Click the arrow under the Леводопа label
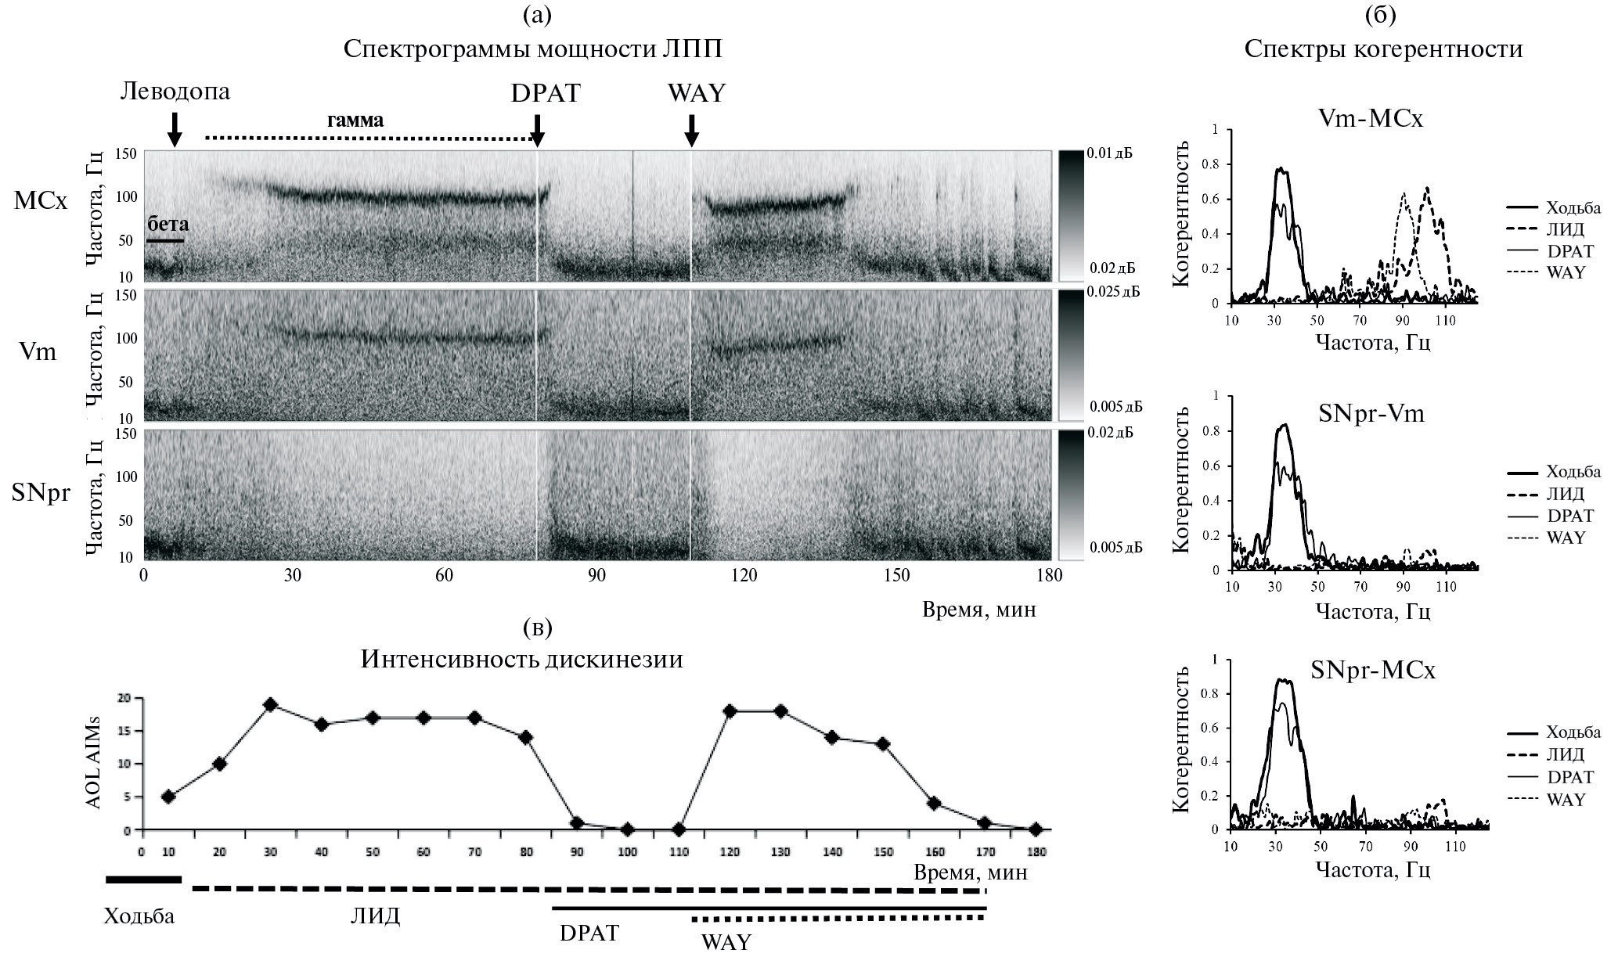[175, 129]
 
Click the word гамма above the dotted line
[355, 121]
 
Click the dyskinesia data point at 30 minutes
[271, 705]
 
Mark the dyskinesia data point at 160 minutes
[933, 803]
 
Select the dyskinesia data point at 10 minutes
[168, 797]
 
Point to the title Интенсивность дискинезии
[521, 660]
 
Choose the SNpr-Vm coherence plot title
[1371, 412]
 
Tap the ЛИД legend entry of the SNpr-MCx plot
[1565, 754]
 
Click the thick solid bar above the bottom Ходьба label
[143, 880]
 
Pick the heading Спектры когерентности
[1383, 49]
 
